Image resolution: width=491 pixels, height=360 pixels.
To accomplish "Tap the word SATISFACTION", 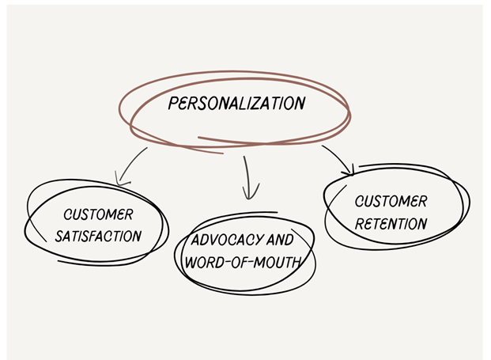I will (x=104, y=236).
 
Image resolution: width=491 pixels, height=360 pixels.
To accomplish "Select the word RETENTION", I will (x=391, y=224).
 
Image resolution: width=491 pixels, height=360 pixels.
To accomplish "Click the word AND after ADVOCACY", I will (x=281, y=239).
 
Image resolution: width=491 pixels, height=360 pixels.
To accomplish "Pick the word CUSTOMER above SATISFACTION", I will (x=98, y=214).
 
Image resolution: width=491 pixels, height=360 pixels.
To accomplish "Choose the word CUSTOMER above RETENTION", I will (x=391, y=202).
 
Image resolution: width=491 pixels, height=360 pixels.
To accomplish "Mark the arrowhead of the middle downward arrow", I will (x=251, y=194).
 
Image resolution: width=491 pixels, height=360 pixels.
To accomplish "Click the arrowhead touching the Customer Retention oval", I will (x=348, y=169).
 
